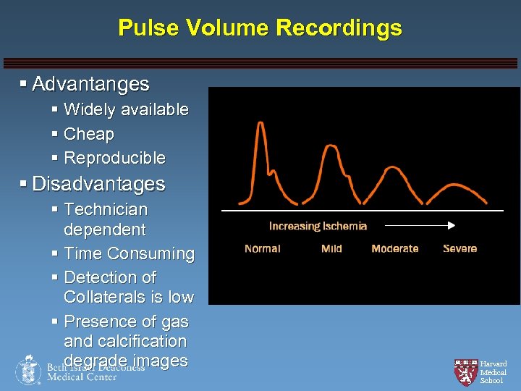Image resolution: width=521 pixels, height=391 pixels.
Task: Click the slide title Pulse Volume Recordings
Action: click(260, 28)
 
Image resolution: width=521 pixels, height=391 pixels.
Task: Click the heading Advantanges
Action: click(90, 84)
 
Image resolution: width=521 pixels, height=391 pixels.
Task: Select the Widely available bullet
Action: click(126, 109)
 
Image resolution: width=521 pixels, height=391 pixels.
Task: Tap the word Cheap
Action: click(89, 134)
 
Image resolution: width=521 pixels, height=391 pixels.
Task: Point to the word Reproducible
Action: click(114, 157)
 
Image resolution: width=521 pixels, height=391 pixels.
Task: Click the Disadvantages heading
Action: click(98, 184)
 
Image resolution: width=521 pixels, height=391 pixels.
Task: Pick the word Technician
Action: click(106, 209)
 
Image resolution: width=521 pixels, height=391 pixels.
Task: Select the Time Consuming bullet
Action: click(129, 253)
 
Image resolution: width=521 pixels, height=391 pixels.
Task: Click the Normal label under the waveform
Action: click(263, 248)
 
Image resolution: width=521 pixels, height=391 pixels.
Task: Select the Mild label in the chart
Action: click(331, 248)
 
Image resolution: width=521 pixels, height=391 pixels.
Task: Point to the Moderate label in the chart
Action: click(394, 248)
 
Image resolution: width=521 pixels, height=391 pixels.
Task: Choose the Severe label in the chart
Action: click(459, 248)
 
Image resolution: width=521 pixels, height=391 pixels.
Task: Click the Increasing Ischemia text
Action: click(318, 226)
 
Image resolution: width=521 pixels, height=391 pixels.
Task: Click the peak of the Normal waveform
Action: click(260, 124)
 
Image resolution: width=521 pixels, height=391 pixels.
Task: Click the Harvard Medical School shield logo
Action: click(465, 371)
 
